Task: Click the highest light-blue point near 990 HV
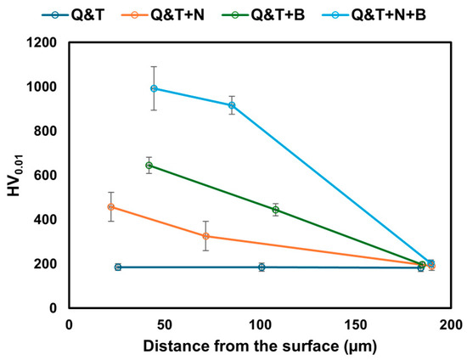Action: (154, 88)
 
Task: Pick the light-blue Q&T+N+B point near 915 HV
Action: (232, 105)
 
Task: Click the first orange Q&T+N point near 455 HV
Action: (111, 206)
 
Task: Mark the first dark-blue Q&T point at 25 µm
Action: (118, 267)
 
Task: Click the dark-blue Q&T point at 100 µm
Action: (262, 267)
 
